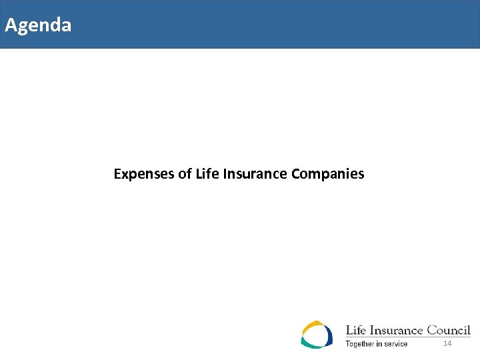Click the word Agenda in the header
[x=38, y=26]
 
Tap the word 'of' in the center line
[x=185, y=175]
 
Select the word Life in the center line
[x=205, y=175]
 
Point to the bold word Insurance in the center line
[x=254, y=175]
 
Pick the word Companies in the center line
[x=328, y=175]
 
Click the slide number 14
[x=447, y=343]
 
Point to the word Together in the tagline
[x=361, y=344]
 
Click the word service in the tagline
[x=395, y=344]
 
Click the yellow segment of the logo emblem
[x=310, y=326]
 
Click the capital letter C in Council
[x=432, y=330]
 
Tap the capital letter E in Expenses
[x=117, y=175]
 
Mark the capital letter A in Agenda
[x=11, y=26]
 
